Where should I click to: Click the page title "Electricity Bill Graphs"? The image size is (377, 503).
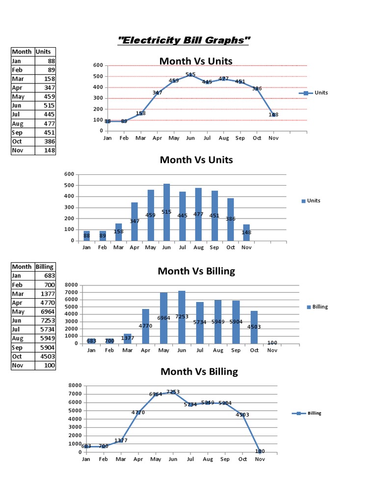click(183, 40)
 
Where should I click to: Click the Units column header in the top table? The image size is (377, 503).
click(45, 52)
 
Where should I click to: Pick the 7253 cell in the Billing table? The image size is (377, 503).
click(45, 320)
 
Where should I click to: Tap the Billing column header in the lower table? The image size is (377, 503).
click(45, 266)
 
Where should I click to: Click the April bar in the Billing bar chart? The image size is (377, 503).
click(146, 326)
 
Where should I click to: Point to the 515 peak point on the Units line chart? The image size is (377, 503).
click(190, 75)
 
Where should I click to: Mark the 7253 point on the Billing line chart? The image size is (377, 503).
click(173, 392)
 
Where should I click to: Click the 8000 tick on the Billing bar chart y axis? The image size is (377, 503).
click(71, 285)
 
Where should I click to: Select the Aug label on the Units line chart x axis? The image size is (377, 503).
click(223, 139)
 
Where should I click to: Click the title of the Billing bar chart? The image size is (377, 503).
click(196, 271)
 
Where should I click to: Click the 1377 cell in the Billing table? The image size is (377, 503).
click(45, 293)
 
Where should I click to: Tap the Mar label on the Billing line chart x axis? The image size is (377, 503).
click(121, 459)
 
